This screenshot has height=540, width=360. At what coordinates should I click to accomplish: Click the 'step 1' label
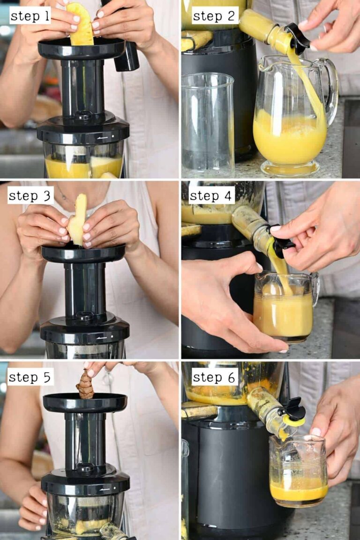click(30, 16)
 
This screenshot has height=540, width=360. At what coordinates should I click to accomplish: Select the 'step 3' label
click(30, 195)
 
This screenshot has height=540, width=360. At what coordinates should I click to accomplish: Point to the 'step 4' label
click(211, 195)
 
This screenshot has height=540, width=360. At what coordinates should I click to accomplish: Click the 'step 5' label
click(30, 377)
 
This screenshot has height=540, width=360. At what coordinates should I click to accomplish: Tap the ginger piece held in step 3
click(77, 220)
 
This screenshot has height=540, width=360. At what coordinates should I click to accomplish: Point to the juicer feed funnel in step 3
click(83, 254)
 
